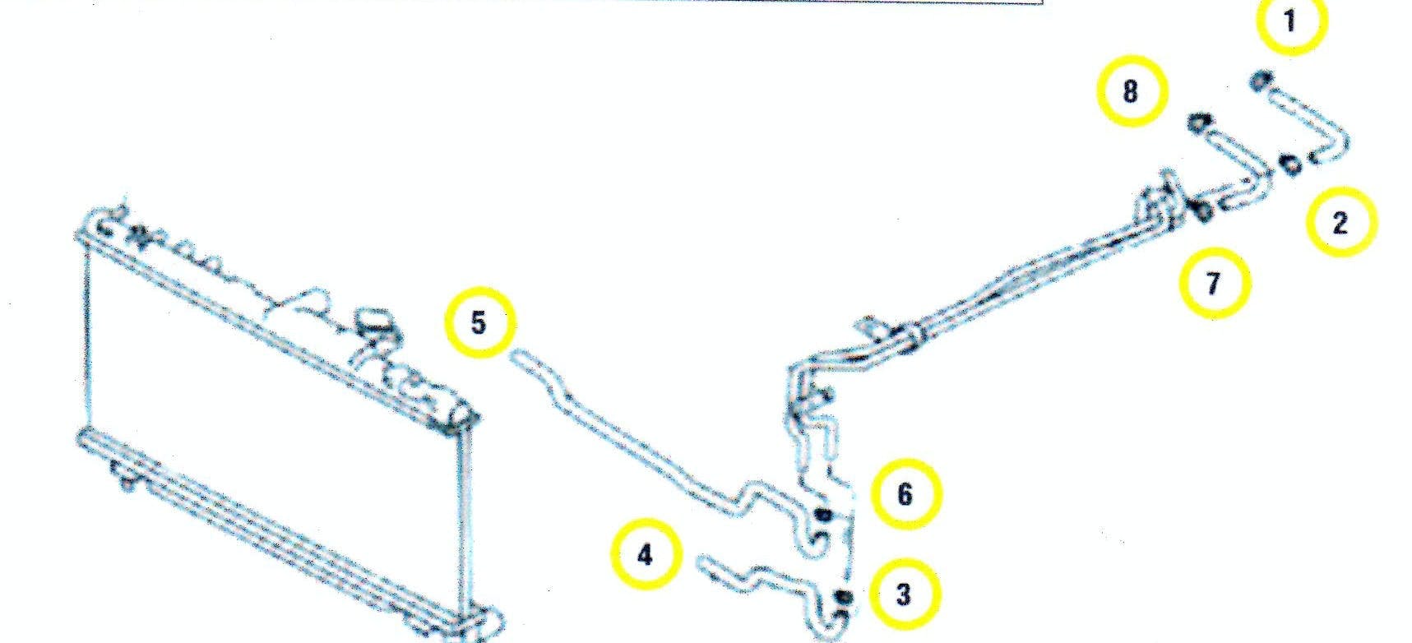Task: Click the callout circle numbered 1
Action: tap(1289, 21)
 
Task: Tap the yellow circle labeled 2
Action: tap(1340, 221)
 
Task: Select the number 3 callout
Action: tap(903, 594)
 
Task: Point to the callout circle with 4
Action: tap(646, 555)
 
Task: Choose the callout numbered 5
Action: tap(479, 321)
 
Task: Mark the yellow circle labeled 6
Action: tap(905, 494)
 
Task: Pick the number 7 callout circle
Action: tap(1213, 283)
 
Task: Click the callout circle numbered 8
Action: tap(1131, 90)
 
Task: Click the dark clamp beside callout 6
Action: tap(822, 516)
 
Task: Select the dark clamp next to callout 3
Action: tap(840, 597)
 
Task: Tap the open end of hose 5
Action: tap(518, 356)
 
